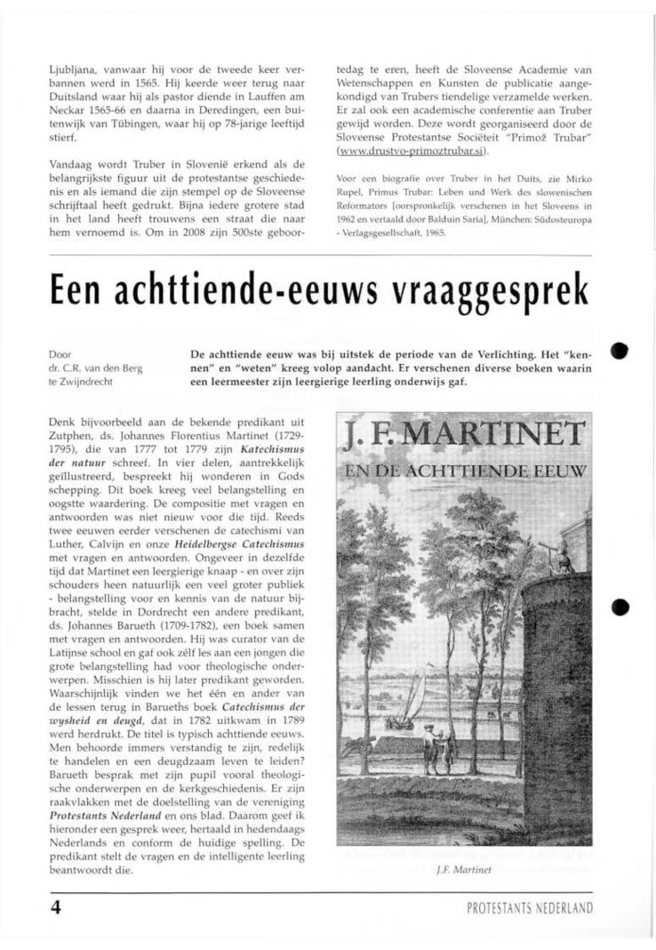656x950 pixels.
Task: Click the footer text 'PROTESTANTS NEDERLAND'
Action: pos(529,908)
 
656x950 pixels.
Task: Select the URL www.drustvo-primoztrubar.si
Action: pos(400,151)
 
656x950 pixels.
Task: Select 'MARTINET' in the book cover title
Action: pos(495,436)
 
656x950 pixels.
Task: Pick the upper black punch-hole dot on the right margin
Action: pos(620,350)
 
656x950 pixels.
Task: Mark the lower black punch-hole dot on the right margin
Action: pos(620,608)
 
